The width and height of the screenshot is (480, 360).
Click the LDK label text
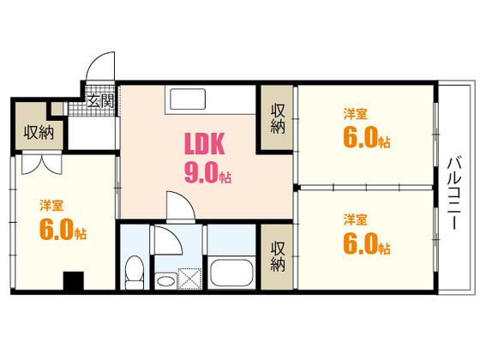(x=205, y=142)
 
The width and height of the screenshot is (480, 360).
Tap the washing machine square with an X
(x=189, y=280)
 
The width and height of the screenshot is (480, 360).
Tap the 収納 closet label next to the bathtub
(x=278, y=255)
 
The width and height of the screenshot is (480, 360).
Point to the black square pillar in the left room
(x=74, y=281)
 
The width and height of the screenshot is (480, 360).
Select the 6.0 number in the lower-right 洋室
(x=363, y=244)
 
